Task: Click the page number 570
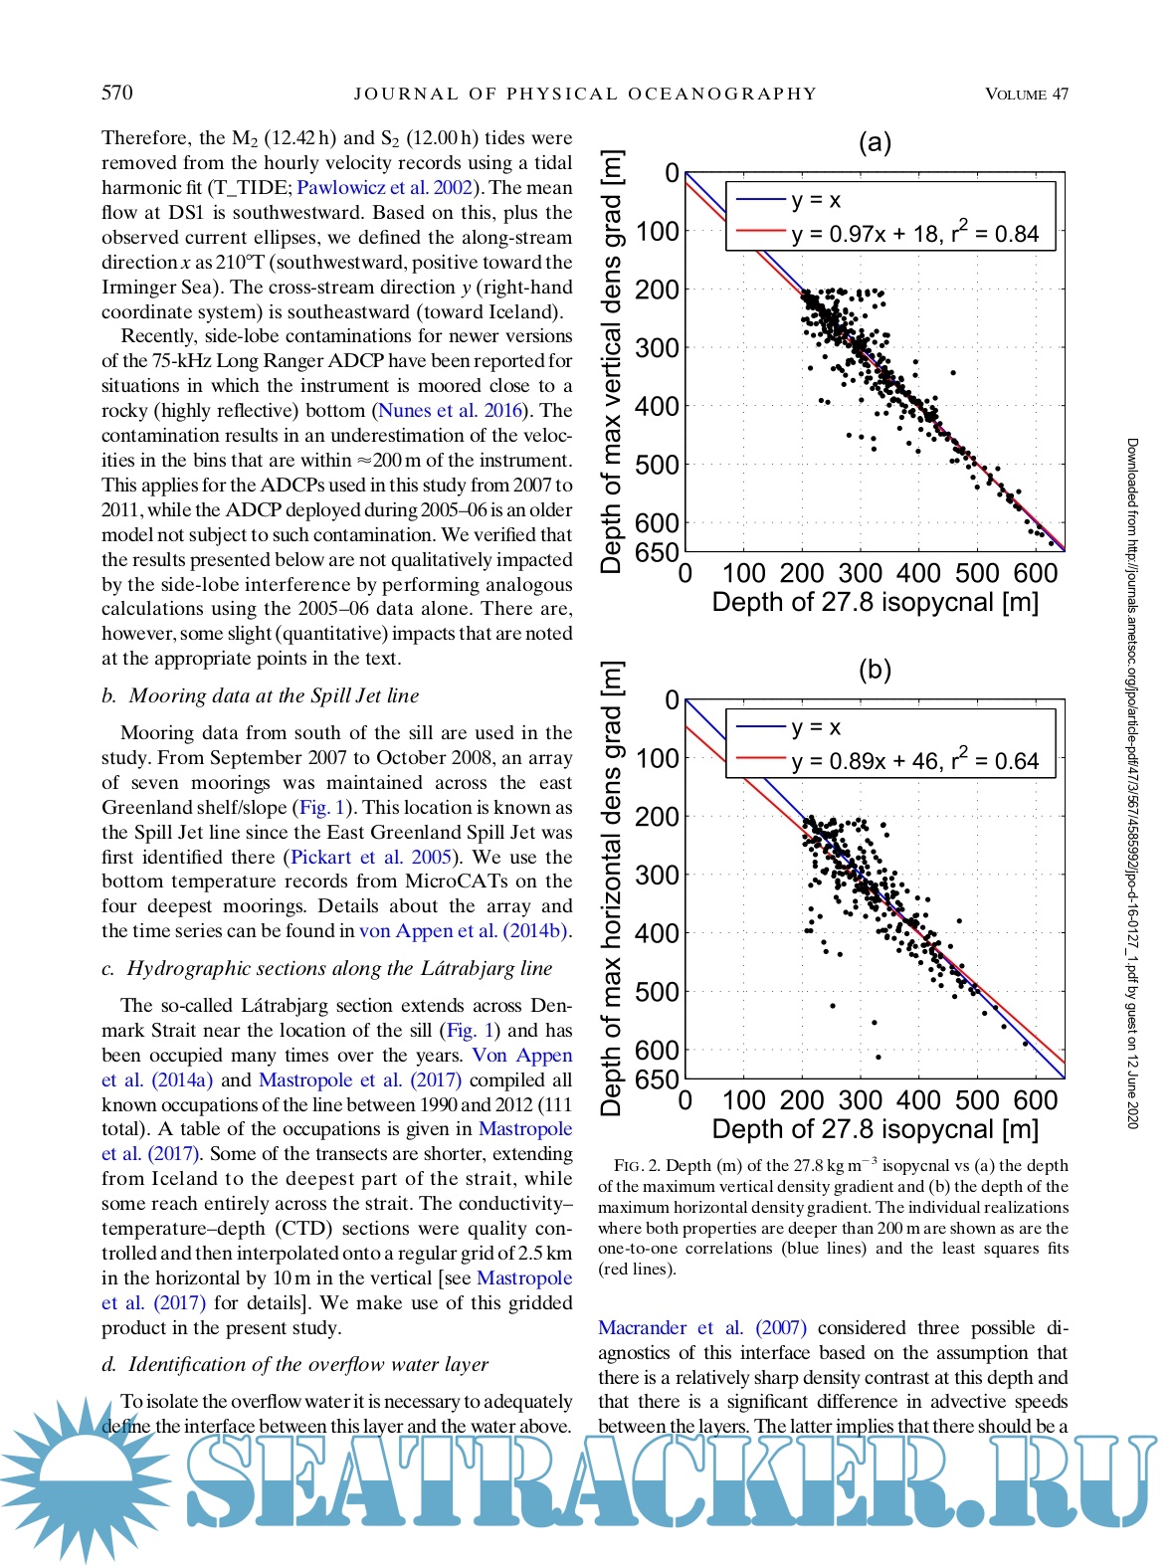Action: click(x=116, y=93)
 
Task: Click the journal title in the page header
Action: click(x=585, y=94)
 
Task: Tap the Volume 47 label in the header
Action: click(x=1026, y=94)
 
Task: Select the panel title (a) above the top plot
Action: click(x=875, y=142)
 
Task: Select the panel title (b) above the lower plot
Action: click(x=875, y=670)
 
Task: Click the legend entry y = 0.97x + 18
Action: click(x=914, y=234)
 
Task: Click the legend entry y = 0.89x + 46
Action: click(x=914, y=761)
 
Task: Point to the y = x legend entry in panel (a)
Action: click(x=816, y=200)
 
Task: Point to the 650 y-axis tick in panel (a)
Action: click(x=657, y=552)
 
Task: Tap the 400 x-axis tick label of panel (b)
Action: click(x=918, y=1100)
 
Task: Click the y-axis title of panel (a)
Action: click(x=611, y=361)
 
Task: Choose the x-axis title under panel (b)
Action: click(x=875, y=1129)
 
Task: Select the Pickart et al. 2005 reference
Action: click(x=371, y=857)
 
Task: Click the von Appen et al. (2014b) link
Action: click(x=464, y=931)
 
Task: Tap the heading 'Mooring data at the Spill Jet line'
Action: click(x=274, y=695)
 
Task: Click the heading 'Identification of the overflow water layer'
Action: click(x=308, y=1364)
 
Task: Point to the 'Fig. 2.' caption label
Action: click(x=637, y=1166)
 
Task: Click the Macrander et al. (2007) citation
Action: click(x=702, y=1327)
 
